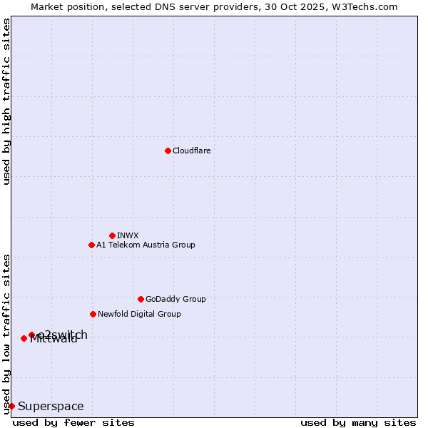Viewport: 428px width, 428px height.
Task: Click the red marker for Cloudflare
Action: pos(168,151)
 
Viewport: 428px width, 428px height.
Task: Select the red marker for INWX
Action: pos(112,235)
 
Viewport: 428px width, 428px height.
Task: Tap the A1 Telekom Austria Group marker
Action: pos(91,245)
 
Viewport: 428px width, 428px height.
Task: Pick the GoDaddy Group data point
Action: pos(141,299)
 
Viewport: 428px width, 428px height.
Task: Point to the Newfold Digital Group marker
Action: pos(93,314)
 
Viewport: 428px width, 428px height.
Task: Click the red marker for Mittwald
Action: pos(24,338)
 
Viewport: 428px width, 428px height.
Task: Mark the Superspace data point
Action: pos(11,406)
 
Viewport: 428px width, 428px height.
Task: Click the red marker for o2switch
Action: pos(31,335)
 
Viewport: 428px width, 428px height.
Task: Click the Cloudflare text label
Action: pos(192,151)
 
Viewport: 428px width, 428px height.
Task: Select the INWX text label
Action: pos(128,235)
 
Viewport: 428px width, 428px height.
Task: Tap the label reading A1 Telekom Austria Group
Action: pos(146,245)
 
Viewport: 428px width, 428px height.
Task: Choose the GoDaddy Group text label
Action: pos(175,299)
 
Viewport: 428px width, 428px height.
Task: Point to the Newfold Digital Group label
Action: pos(139,314)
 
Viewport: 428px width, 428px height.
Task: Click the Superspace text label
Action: pos(51,407)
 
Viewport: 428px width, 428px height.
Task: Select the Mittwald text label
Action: pos(54,340)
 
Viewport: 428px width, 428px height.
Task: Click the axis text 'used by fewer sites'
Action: pos(73,422)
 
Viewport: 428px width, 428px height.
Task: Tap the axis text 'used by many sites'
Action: pos(358,422)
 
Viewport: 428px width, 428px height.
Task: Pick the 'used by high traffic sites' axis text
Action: pos(7,101)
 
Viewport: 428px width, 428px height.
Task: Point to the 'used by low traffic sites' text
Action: pos(7,334)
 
